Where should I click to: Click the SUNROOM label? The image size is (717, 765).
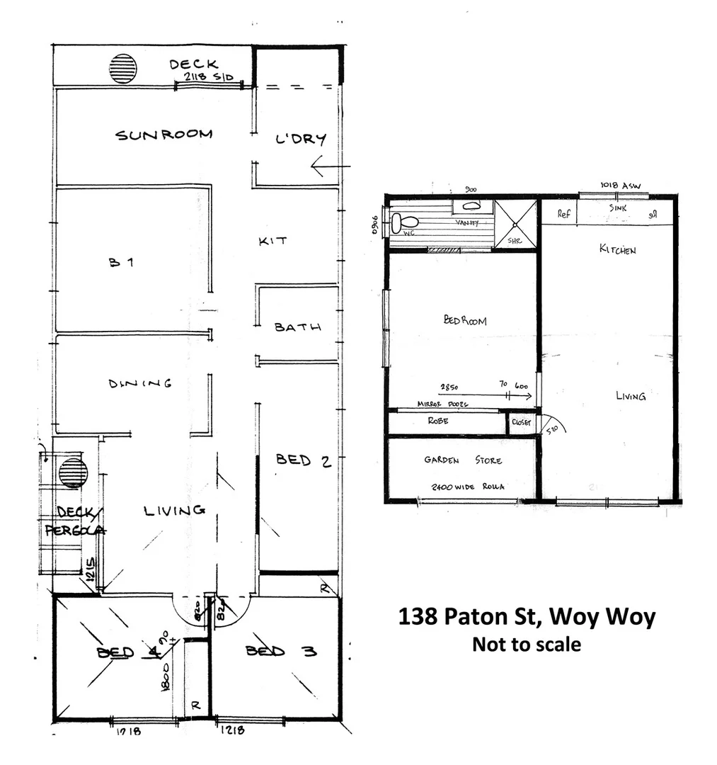point(164,134)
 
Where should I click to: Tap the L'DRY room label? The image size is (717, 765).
point(300,139)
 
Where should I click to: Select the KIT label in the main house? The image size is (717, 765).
point(273,242)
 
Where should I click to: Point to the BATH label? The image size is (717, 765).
point(298,327)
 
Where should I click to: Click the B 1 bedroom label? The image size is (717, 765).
point(121,262)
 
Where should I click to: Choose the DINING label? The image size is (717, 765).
point(140,384)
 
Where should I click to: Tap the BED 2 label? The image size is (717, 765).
point(303,461)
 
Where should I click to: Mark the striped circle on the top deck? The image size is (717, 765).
point(122,69)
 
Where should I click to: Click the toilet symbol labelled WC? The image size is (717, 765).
point(396,223)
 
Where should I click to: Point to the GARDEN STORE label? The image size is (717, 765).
point(463,460)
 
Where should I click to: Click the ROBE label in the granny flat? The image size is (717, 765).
point(438,421)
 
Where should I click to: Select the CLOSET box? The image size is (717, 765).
point(520,423)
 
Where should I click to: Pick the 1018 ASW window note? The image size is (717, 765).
point(620,186)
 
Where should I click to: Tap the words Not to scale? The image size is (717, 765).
point(527,645)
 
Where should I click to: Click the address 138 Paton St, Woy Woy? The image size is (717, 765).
point(527,616)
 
